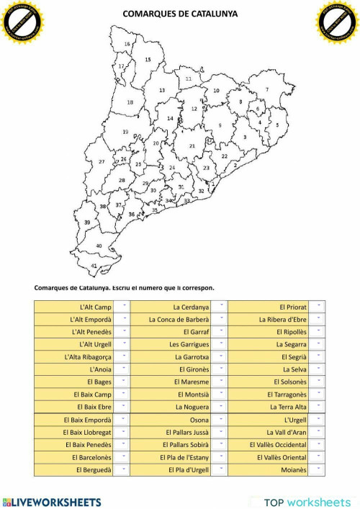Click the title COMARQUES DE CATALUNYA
tap(179, 13)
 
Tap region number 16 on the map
tap(127, 44)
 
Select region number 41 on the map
tap(94, 266)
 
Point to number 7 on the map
tap(267, 90)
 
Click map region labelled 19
tap(125, 132)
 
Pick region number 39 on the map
tap(87, 223)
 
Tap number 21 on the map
tap(192, 146)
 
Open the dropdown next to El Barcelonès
tap(123, 457)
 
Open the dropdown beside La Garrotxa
tap(221, 356)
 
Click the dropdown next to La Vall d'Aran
tap(319, 432)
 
